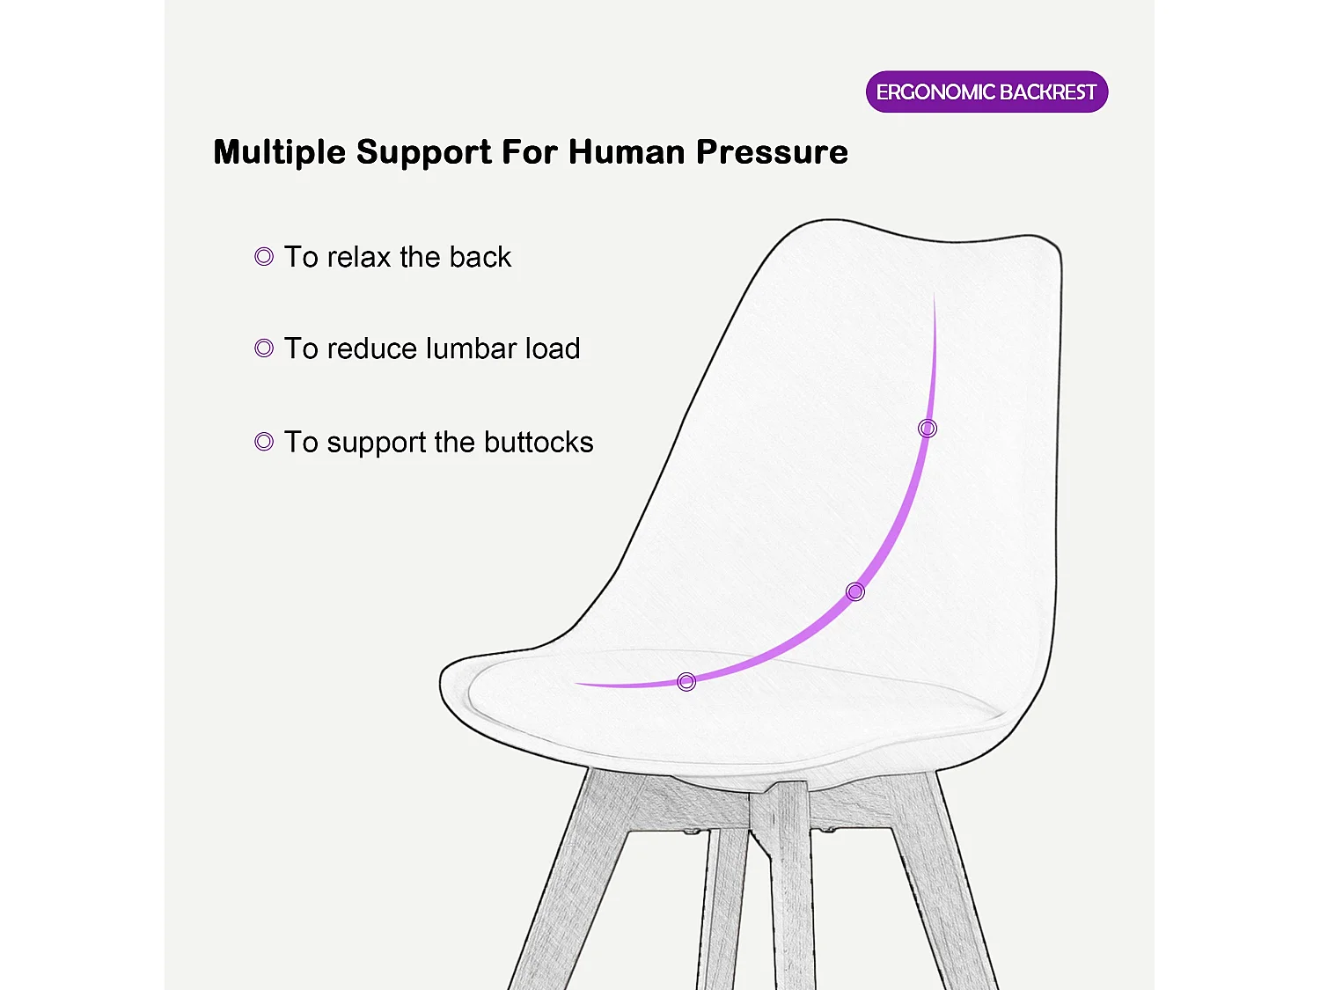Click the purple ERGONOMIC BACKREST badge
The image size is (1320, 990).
[986, 92]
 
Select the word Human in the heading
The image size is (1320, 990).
[627, 152]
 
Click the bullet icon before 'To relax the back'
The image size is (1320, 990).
[264, 257]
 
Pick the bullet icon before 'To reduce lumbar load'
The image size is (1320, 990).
[264, 348]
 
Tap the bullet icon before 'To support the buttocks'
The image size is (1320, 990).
[264, 442]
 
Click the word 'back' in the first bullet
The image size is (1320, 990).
[480, 257]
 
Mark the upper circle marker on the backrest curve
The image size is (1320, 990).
[928, 429]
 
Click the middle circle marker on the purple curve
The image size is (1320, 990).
[855, 591]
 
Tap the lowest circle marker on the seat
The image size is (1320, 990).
[686, 681]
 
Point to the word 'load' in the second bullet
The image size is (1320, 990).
[553, 348]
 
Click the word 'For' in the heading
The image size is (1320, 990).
[532, 152]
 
